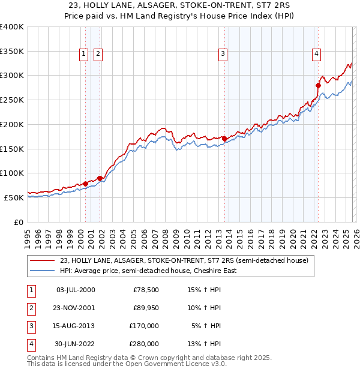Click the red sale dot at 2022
pyautogui.click(x=318, y=85)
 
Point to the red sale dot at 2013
pyautogui.click(x=224, y=139)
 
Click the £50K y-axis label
pyautogui.click(x=14, y=197)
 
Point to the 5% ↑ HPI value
pyautogui.click(x=206, y=326)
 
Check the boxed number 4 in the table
pyautogui.click(x=30, y=344)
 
